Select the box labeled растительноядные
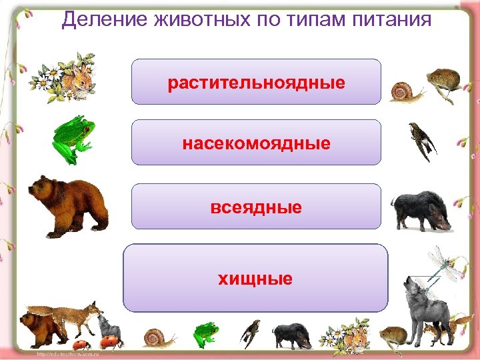click(x=257, y=82)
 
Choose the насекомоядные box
click(x=257, y=143)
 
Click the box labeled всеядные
click(x=257, y=207)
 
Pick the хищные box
click(x=255, y=278)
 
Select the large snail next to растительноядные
click(x=405, y=92)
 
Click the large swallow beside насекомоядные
click(x=421, y=141)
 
